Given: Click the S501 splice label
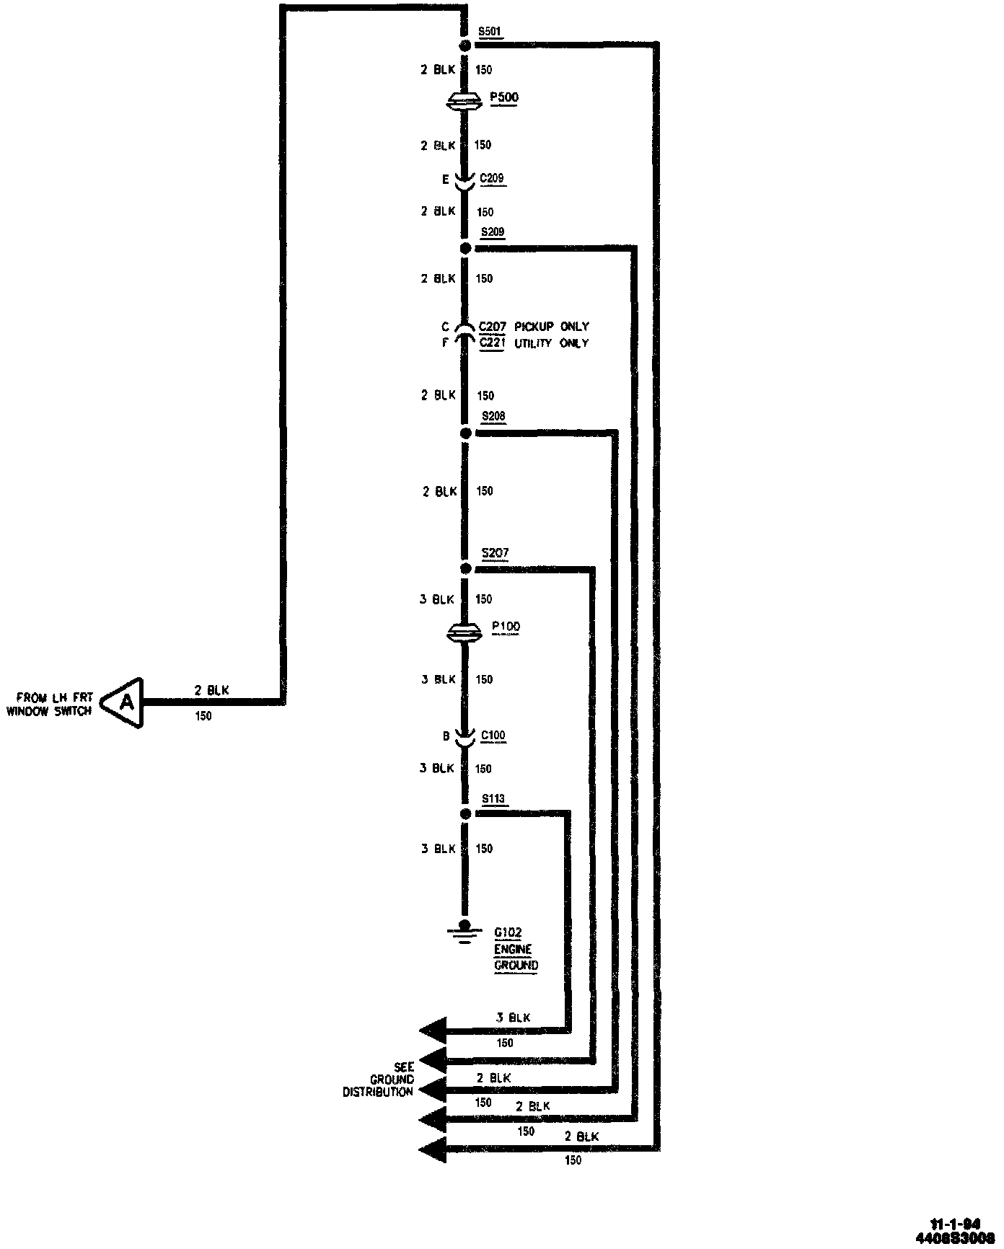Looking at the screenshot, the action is tap(490, 32).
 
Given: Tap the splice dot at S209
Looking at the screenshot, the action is tap(466, 249).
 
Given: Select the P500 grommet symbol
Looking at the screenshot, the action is tap(465, 102).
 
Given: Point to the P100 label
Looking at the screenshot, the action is tap(506, 626).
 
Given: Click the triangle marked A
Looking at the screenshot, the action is tap(125, 702).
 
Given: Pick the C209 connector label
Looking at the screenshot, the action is tap(492, 179).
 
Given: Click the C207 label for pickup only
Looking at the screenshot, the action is tap(492, 327).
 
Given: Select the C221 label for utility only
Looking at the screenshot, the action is tap(492, 343).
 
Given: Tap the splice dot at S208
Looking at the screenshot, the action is tap(466, 433).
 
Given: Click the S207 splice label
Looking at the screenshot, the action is tap(495, 553).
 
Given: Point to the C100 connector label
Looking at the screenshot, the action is tap(493, 736).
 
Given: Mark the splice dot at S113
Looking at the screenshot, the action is tap(466, 814).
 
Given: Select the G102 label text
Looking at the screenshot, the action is tap(508, 932).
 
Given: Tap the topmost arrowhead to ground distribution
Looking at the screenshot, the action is tap(433, 1030).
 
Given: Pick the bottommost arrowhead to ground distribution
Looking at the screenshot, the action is tap(433, 1149).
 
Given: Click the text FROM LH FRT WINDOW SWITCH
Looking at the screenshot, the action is tap(50, 705).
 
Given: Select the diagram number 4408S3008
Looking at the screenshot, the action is tap(954, 1237).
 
